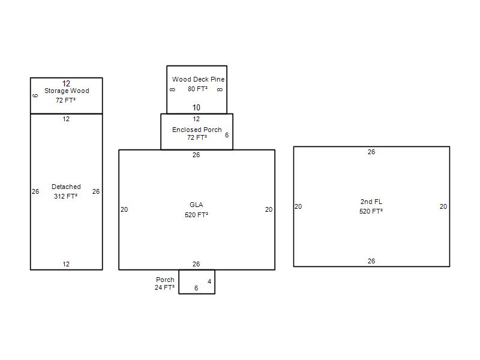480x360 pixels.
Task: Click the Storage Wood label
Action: click(67, 91)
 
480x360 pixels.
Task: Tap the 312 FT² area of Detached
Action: click(65, 196)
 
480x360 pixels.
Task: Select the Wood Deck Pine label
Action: click(199, 79)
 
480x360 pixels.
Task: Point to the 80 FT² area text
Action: click(197, 89)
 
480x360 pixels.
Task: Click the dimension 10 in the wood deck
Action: click(196, 107)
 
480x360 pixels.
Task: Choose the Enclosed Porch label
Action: click(197, 130)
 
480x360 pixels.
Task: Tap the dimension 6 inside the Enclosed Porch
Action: click(227, 135)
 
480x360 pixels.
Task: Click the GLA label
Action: click(196, 205)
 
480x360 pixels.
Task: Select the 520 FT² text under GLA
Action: click(196, 215)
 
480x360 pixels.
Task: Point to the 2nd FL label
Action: click(371, 202)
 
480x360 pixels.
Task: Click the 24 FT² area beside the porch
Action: click(164, 287)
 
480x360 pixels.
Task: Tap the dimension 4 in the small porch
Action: click(209, 281)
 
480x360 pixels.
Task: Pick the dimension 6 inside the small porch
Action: click(196, 288)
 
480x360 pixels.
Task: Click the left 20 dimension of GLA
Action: click(124, 209)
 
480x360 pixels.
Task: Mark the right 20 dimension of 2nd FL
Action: click(443, 206)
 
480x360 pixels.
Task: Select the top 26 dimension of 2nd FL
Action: click(371, 152)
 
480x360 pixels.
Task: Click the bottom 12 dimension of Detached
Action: click(66, 264)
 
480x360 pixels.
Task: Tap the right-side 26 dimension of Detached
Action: click(96, 191)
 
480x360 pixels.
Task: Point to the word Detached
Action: click(66, 187)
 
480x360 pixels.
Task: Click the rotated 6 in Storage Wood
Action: click(35, 95)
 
